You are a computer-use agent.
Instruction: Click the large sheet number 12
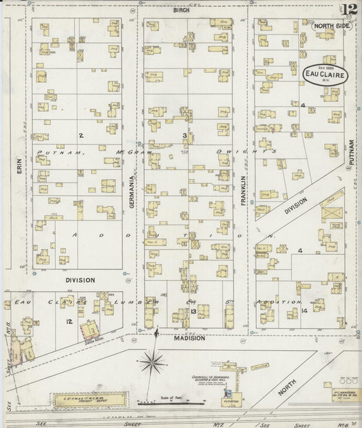click(350, 9)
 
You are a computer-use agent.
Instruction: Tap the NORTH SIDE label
click(331, 25)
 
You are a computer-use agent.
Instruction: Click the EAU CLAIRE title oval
click(325, 75)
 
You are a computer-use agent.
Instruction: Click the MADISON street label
click(188, 338)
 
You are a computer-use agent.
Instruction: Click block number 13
click(194, 311)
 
